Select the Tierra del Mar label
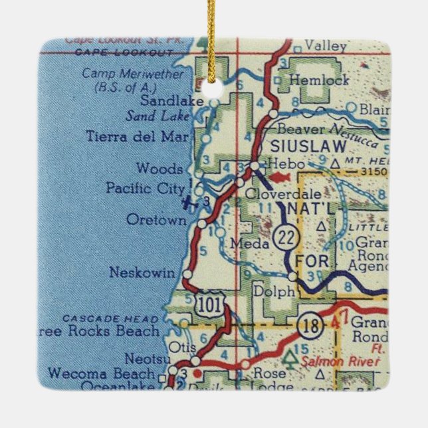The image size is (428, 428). pos(138,138)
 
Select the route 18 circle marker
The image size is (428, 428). pos(311,326)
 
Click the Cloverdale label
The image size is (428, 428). pos(284,194)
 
